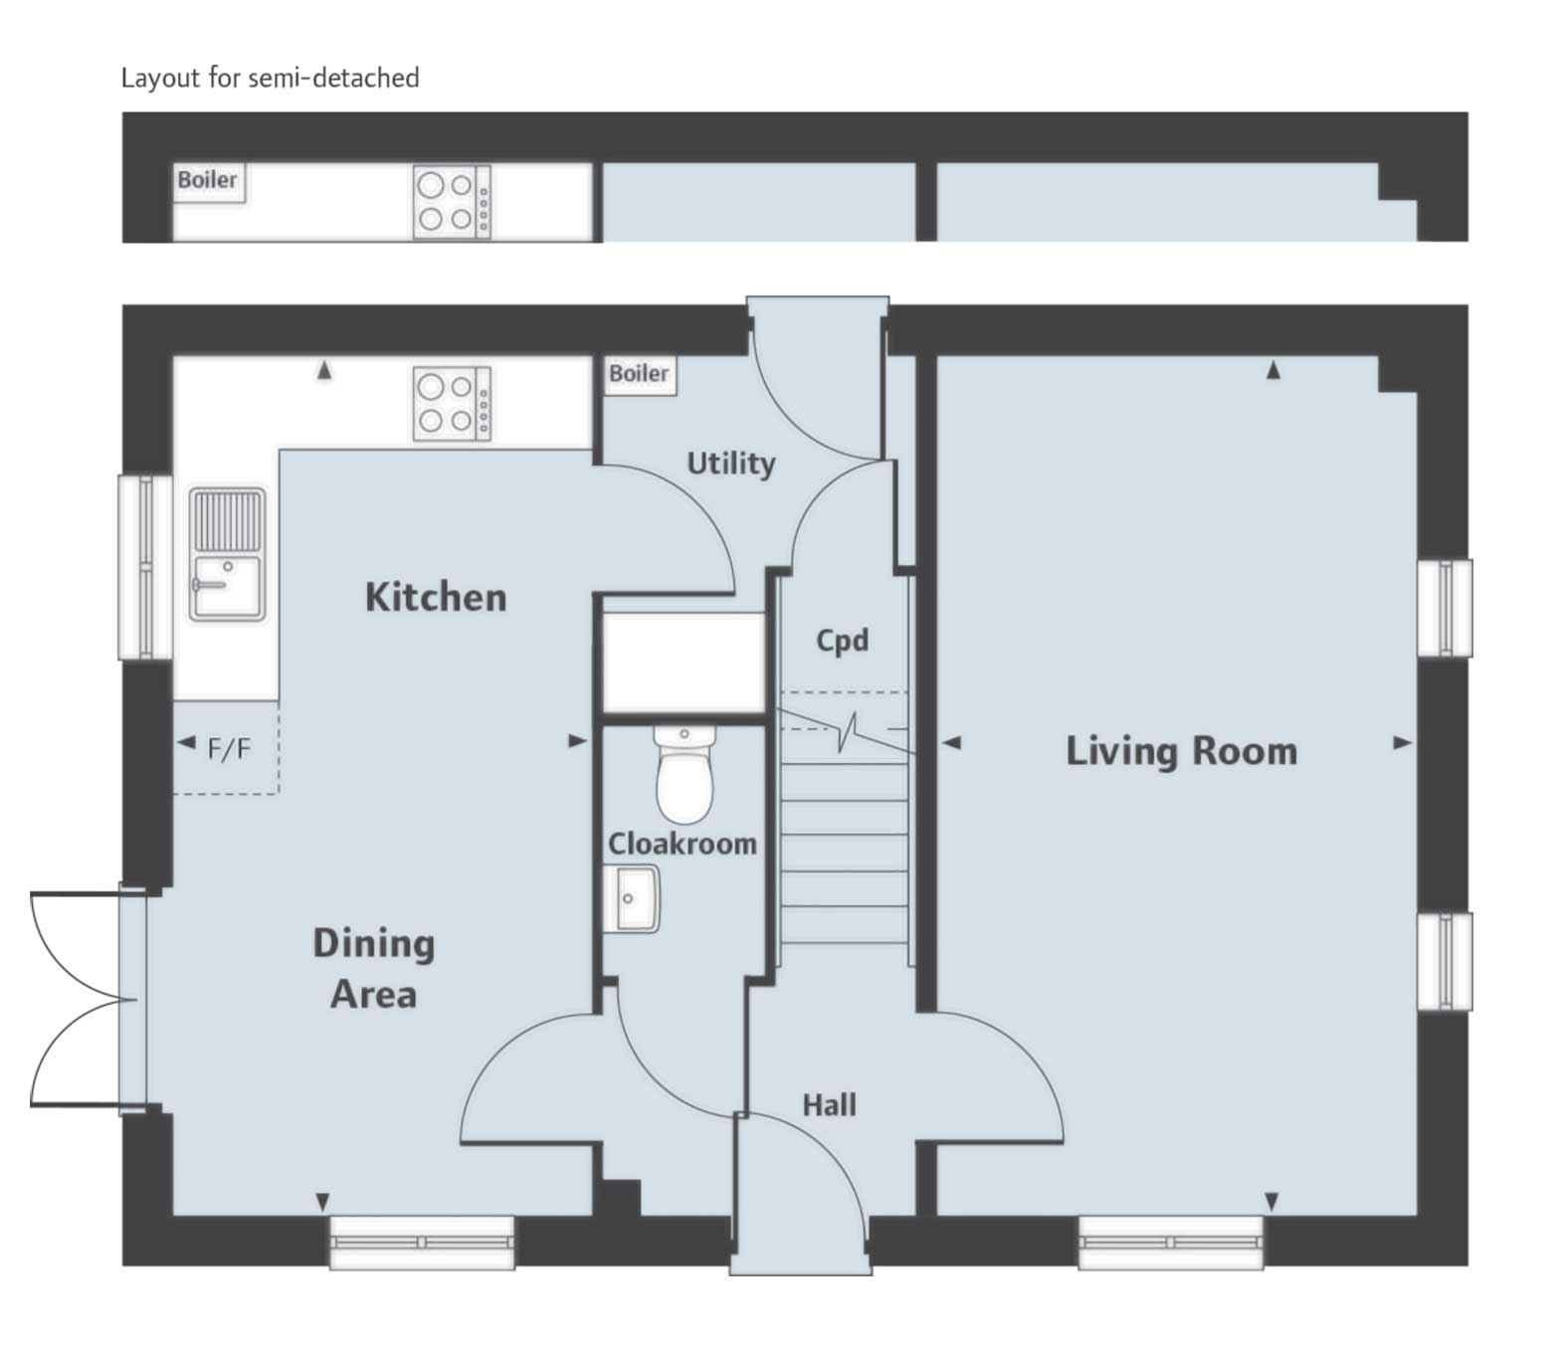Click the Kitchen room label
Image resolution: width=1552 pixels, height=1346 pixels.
point(436,597)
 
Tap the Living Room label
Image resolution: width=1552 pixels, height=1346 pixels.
point(1181,751)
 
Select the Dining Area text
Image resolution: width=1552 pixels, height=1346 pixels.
point(373,968)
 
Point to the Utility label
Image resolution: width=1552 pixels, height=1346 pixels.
point(731,464)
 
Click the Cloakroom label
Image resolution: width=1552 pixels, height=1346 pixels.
point(682,845)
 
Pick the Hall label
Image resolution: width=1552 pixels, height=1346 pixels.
point(829,1105)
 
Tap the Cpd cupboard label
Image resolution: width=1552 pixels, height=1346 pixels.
point(842,641)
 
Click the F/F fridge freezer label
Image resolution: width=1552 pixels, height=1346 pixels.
point(229,749)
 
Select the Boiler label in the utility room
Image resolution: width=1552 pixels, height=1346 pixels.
point(639,374)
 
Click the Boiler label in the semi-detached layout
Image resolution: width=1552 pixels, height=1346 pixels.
point(208,181)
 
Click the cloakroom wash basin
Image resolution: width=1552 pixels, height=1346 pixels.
point(632,898)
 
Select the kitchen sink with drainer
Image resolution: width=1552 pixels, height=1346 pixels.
point(228,553)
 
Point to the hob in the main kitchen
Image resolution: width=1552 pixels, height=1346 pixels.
point(452,404)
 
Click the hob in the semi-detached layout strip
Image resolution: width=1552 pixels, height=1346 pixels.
point(452,202)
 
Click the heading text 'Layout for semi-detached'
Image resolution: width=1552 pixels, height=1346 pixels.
point(270,78)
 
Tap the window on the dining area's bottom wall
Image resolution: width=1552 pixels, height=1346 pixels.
point(422,1242)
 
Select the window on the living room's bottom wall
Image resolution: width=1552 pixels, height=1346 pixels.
point(1171,1242)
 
